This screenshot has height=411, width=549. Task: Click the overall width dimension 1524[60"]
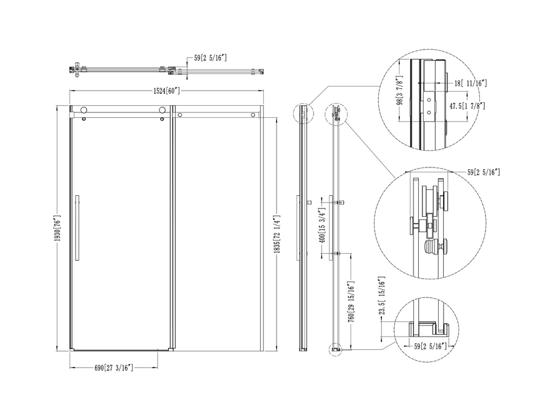(166, 91)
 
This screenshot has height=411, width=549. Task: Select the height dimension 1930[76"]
(58, 228)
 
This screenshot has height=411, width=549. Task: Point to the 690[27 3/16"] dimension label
(114, 367)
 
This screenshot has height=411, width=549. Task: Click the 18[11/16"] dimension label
(470, 83)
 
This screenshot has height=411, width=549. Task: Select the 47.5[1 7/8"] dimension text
(467, 106)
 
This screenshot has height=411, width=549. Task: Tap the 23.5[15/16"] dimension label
(382, 296)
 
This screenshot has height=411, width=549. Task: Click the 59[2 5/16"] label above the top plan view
(211, 57)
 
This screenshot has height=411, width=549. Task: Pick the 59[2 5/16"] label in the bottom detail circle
(430, 346)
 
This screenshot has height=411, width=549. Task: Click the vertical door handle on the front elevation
(77, 227)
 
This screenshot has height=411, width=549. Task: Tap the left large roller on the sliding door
(84, 111)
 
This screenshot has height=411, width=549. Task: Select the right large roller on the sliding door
(162, 111)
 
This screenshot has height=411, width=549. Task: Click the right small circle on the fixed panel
(253, 115)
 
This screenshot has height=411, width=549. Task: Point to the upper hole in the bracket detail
(429, 100)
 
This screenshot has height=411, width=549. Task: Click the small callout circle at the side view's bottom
(335, 349)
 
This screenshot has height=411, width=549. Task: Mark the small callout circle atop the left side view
(303, 114)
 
